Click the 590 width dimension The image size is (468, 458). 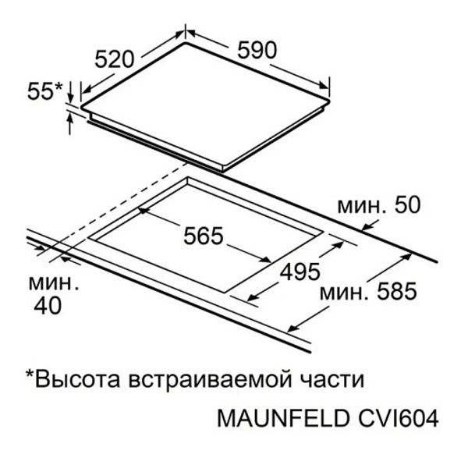pyautogui.click(x=257, y=50)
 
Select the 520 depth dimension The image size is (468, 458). pyautogui.click(x=115, y=59)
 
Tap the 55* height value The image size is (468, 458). pyautogui.click(x=45, y=91)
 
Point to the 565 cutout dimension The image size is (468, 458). pyautogui.click(x=204, y=236)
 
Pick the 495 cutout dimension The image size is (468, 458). pyautogui.click(x=300, y=272)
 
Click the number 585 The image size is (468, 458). pyautogui.click(x=397, y=291)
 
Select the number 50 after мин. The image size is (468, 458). pyautogui.click(x=408, y=205)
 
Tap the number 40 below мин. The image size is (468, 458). pyautogui.click(x=48, y=306)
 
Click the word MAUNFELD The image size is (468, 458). pyautogui.click(x=283, y=418)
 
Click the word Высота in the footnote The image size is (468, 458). pyautogui.click(x=77, y=379)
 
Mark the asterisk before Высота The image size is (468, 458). pyautogui.click(x=30, y=374)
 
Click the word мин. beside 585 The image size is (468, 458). pyautogui.click(x=344, y=293)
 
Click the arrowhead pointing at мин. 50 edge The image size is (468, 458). pyautogui.click(x=367, y=228)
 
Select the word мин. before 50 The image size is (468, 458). pyautogui.click(x=363, y=207)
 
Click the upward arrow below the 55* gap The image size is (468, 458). pyautogui.click(x=70, y=124)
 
